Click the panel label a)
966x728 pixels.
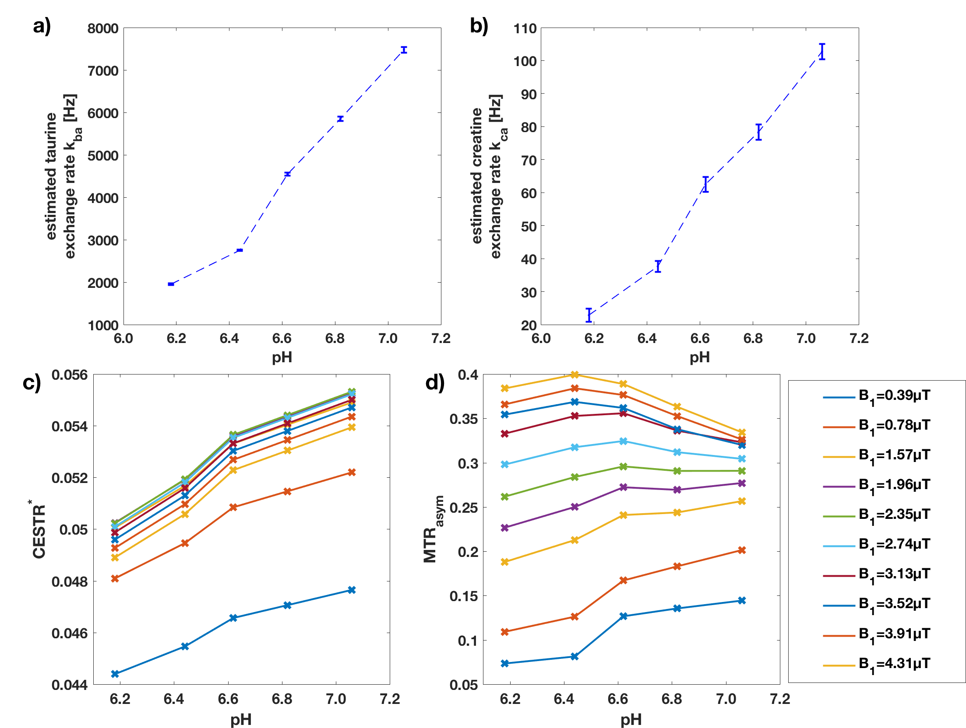tap(42, 26)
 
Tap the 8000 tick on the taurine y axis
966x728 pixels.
tap(103, 29)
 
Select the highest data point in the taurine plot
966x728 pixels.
tap(404, 50)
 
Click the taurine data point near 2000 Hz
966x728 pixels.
tap(171, 284)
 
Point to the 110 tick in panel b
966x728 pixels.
tap(525, 29)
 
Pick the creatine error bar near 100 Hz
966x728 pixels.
tap(822, 52)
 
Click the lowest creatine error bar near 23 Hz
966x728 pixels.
tap(589, 315)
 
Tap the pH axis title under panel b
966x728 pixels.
tap(699, 357)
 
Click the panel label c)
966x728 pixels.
tap(32, 382)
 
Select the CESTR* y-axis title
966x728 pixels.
tap(39, 529)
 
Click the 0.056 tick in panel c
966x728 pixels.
tap(70, 375)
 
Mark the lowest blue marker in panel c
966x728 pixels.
tap(115, 674)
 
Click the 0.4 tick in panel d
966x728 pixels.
tap(468, 375)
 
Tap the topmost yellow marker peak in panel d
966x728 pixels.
tap(575, 374)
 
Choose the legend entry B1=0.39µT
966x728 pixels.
tap(893, 396)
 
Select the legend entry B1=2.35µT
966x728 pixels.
tap(893, 515)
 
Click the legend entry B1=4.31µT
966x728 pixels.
tap(893, 664)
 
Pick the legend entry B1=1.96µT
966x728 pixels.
tap(893, 485)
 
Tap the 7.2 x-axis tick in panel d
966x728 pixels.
tap(780, 699)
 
